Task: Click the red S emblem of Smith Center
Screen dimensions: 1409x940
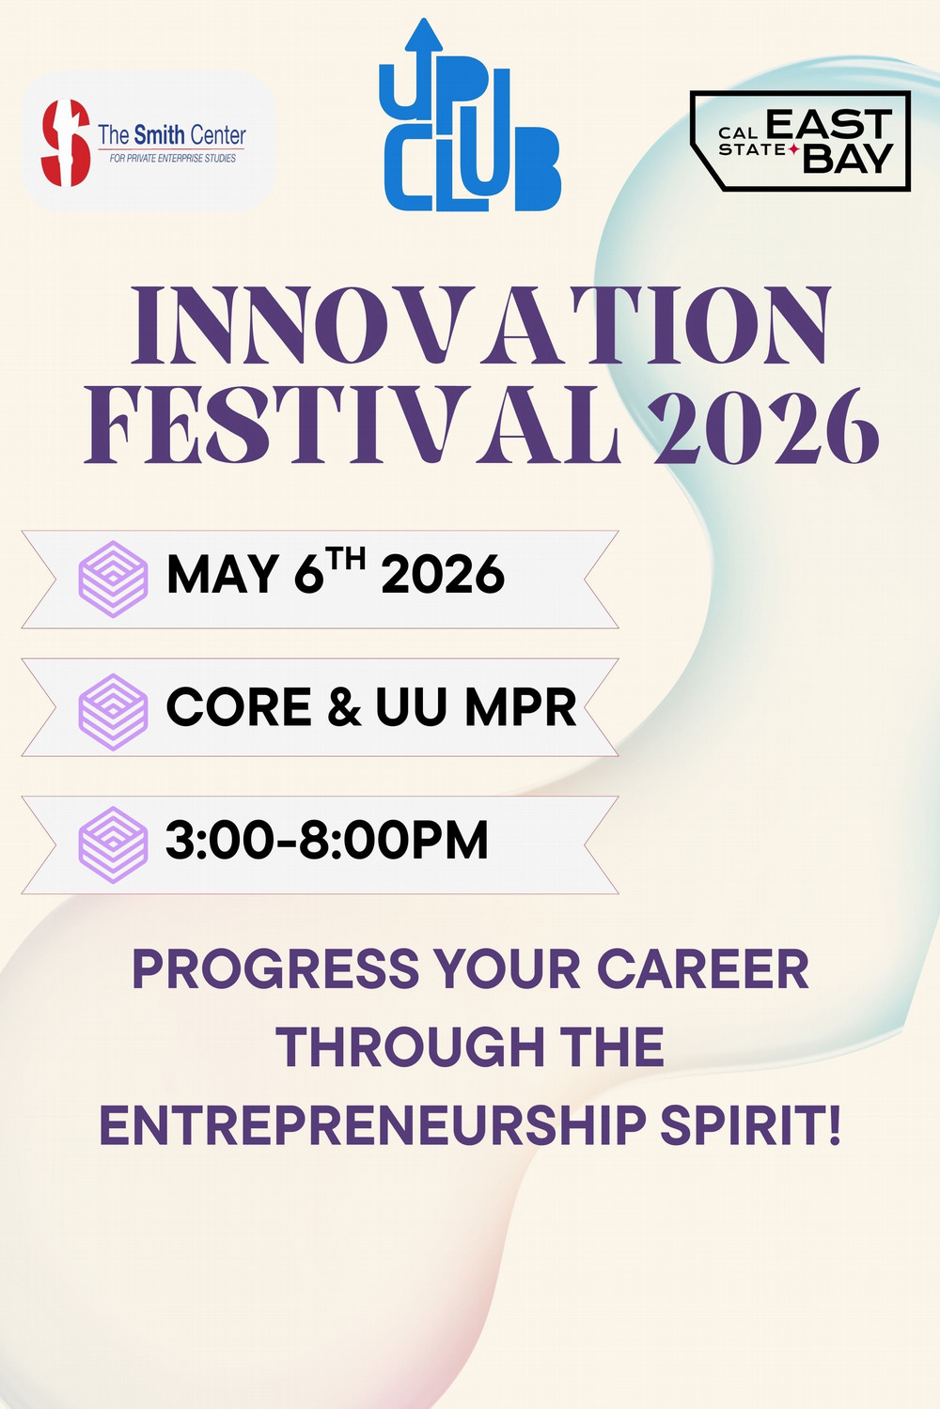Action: coord(65,143)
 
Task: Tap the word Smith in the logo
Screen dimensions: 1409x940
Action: coord(159,135)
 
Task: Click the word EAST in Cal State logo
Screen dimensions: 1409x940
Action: coord(828,125)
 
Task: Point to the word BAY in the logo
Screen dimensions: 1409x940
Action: coord(847,159)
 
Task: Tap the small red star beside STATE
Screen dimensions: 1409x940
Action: coord(794,149)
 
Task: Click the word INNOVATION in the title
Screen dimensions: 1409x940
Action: coord(480,326)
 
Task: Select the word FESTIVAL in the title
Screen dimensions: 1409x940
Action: coord(352,427)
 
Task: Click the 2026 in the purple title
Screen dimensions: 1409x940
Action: coord(766,427)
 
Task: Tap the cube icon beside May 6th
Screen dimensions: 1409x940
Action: coord(113,579)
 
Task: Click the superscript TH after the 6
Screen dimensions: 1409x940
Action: coord(347,560)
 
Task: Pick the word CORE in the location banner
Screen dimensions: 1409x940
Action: coord(239,707)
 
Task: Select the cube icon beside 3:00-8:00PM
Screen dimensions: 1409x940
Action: coord(113,844)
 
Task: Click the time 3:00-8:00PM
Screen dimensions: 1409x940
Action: coord(326,841)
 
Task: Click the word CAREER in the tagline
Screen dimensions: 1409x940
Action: coord(702,969)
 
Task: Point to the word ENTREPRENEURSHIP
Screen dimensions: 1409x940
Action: coord(372,1125)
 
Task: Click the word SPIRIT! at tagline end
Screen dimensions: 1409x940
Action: coord(750,1125)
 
